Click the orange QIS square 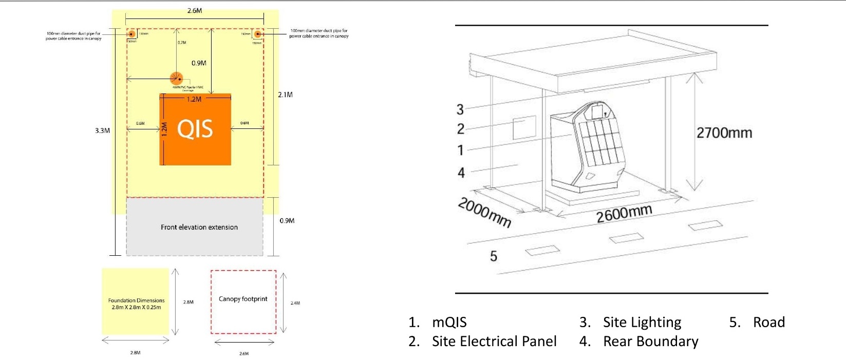click(196, 129)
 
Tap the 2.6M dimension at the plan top click(195, 10)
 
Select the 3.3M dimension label click(102, 130)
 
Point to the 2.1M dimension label click(285, 94)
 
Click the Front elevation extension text click(199, 227)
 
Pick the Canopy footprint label click(243, 299)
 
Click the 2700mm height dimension click(724, 133)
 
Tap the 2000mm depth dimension click(484, 212)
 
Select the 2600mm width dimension click(624, 213)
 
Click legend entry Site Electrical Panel click(494, 342)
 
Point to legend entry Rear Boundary click(650, 342)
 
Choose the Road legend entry click(768, 323)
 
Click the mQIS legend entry click(449, 323)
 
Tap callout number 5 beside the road click(494, 256)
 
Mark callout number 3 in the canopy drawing click(460, 109)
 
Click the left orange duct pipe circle click(131, 34)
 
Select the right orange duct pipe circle click(258, 34)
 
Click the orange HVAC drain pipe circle click(176, 79)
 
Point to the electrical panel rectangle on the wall click(524, 127)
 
